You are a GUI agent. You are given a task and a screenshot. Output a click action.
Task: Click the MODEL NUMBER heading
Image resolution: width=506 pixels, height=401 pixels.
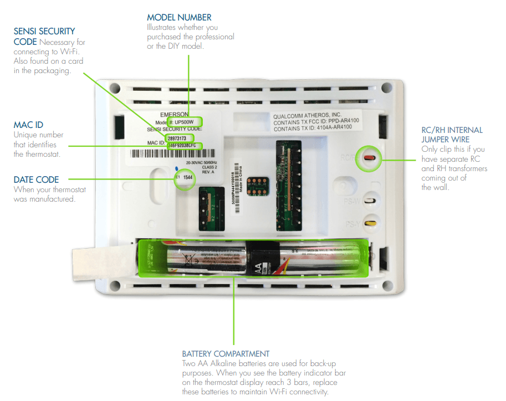[179, 18]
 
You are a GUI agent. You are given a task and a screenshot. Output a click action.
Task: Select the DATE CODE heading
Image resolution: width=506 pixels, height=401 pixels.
[36, 179]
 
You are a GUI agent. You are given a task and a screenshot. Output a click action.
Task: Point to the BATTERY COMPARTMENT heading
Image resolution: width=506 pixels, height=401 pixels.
[226, 353]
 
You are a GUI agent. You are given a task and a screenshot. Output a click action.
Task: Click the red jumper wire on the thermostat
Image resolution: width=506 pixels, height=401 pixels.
[369, 157]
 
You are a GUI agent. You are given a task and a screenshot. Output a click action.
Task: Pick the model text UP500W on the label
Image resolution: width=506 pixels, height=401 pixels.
[186, 122]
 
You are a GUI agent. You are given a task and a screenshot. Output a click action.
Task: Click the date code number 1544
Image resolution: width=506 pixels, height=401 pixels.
[188, 178]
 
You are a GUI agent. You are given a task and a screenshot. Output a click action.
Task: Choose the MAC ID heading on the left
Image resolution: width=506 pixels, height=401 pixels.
[28, 125]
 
